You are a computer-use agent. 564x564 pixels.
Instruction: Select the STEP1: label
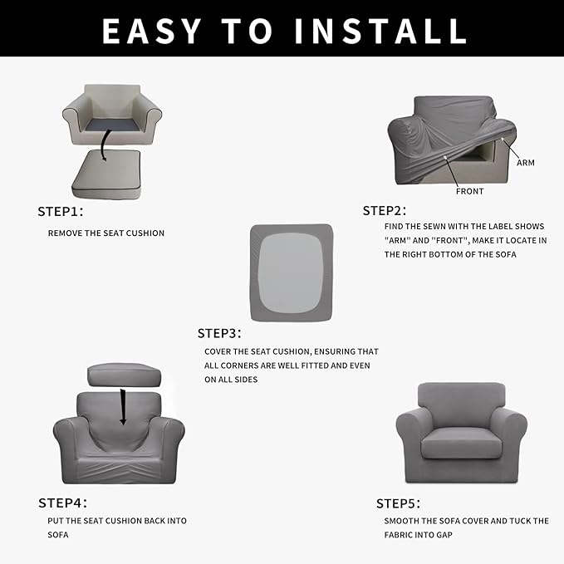pyautogui.click(x=61, y=211)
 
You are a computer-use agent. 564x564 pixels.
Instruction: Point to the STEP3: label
pyautogui.click(x=219, y=333)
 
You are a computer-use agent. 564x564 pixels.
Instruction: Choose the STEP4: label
pyautogui.click(x=62, y=503)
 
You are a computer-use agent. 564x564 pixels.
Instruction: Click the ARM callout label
pyautogui.click(x=525, y=163)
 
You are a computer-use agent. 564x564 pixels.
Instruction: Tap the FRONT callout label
pyautogui.click(x=469, y=191)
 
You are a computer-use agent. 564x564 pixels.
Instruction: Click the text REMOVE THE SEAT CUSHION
pyautogui.click(x=106, y=233)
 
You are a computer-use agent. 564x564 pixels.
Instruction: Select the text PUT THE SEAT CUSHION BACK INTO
pyautogui.click(x=117, y=521)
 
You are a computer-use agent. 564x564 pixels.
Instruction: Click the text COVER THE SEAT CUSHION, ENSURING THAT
pyautogui.click(x=292, y=351)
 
